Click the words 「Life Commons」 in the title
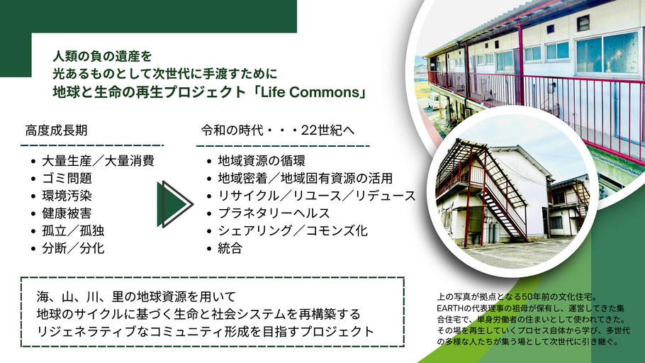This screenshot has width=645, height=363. click(308, 91)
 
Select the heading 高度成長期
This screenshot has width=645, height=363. click(57, 130)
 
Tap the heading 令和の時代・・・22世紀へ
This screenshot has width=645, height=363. click(278, 130)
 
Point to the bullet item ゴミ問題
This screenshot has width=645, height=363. click(67, 178)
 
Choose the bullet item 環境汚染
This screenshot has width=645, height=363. click(67, 196)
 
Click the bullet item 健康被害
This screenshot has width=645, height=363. click(67, 213)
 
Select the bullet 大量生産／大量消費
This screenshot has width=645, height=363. click(99, 160)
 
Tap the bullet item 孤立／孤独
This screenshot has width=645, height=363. click(73, 231)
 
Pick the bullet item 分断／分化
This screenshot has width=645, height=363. click(73, 248)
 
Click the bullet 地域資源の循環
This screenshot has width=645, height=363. click(262, 160)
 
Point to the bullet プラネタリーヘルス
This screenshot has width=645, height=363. click(274, 213)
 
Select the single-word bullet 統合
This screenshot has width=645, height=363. click(230, 248)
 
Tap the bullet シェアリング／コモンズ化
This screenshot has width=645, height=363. click(293, 231)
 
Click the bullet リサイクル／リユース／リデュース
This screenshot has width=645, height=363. click(317, 196)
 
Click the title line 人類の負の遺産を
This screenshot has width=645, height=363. click(103, 56)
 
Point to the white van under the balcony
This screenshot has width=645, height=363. click(433, 101)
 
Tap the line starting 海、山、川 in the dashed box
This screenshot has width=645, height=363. click(136, 296)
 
